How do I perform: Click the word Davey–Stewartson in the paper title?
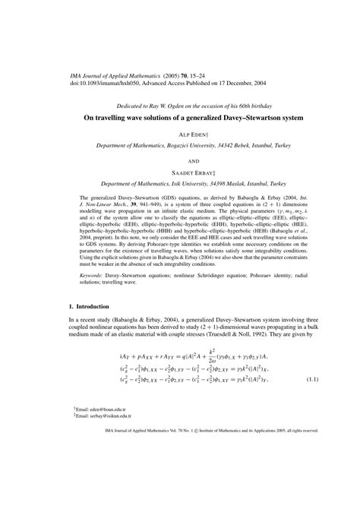point(255,117)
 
